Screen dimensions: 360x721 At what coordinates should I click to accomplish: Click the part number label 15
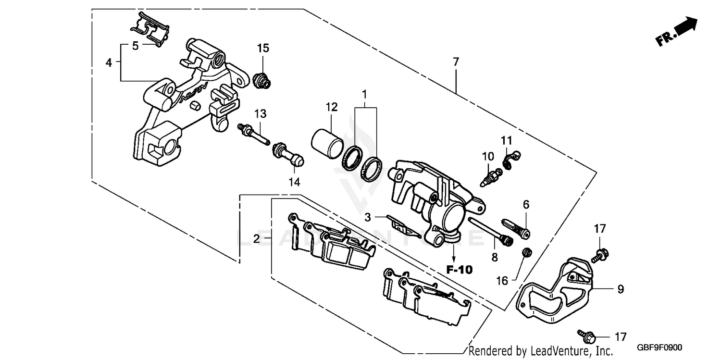pyautogui.click(x=263, y=48)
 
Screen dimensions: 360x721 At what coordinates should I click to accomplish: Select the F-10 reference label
pyautogui.click(x=459, y=270)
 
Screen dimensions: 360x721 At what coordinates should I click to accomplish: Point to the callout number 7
pyautogui.click(x=455, y=62)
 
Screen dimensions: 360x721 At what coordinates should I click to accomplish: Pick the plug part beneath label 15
pyautogui.click(x=261, y=80)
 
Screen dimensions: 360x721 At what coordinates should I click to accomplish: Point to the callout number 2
pyautogui.click(x=257, y=238)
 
